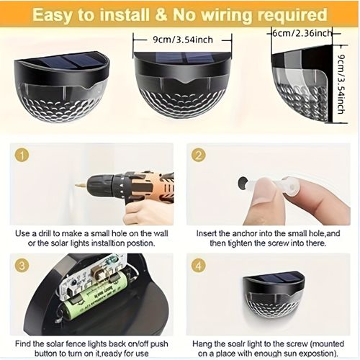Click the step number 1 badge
pos(22,156)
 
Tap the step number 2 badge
pos(199,156)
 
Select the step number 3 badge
pos(22,266)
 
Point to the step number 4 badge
pos(199,266)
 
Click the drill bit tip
pos(75,186)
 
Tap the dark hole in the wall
pos(243,183)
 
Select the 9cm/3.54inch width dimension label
pos(183,40)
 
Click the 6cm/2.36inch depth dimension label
pos(302,33)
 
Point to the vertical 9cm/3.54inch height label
pos(341,84)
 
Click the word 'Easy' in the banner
pos(52,15)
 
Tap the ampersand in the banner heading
pos(161,14)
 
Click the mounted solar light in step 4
pos(274,296)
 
